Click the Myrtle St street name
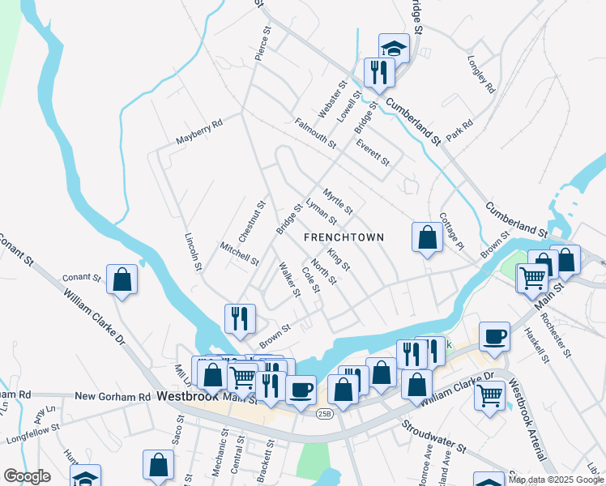[338, 201]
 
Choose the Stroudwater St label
[436, 435]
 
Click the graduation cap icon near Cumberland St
[394, 48]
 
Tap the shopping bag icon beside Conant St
[122, 280]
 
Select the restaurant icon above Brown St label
[240, 318]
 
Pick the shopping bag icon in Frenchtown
[427, 237]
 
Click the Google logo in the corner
[27, 476]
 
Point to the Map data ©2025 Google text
[556, 480]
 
